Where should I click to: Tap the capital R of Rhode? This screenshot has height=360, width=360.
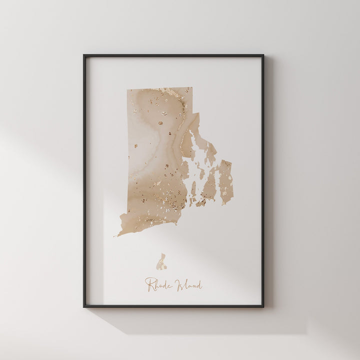[149, 284]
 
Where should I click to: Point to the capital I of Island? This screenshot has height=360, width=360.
[178, 285]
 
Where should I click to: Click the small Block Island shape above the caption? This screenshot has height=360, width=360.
[161, 262]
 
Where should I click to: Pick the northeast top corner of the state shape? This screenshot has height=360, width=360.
[191, 88]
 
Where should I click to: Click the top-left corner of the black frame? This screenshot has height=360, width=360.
[84, 55]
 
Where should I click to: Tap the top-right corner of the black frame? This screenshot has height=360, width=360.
[263, 55]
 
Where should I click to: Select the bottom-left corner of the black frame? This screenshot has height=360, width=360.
[84, 306]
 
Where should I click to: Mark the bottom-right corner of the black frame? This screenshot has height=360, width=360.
[263, 306]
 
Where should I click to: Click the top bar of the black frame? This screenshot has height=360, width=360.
[173, 55]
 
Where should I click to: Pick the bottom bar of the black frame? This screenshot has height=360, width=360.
[173, 306]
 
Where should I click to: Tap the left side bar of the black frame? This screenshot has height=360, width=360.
[84, 180]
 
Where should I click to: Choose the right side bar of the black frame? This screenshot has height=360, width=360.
[263, 180]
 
